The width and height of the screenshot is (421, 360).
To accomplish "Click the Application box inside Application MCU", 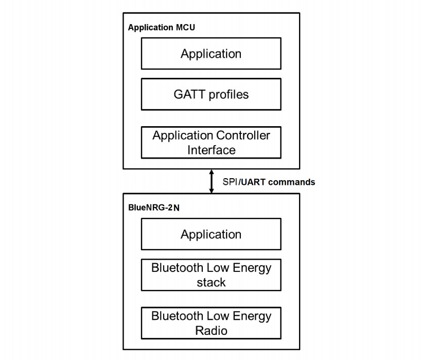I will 211,54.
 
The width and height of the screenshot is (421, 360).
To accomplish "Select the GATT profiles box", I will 211,94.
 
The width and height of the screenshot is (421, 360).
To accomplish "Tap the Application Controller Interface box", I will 211,143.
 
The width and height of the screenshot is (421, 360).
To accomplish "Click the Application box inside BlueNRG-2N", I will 211,234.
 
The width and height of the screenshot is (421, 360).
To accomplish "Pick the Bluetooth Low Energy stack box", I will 211,275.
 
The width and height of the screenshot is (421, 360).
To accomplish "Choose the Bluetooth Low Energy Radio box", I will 211,323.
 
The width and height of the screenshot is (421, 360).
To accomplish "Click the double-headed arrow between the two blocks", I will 211,181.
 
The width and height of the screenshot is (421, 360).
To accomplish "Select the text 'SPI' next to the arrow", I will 230,182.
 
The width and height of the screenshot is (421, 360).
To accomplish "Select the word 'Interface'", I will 211,150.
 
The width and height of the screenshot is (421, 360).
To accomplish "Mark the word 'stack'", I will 211,282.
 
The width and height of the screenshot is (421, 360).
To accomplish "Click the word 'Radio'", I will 211,330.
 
